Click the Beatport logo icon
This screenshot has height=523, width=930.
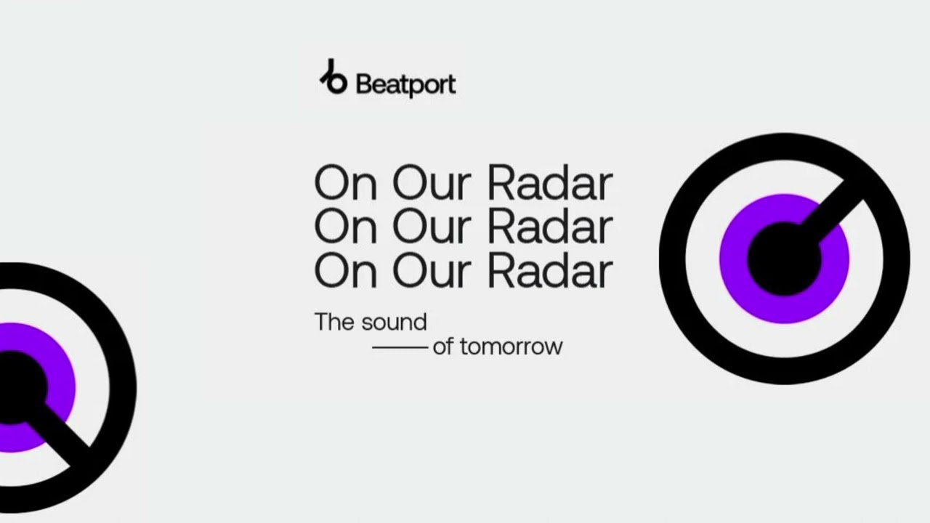point(333,77)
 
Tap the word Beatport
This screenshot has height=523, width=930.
point(406,85)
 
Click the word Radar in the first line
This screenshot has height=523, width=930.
point(550,182)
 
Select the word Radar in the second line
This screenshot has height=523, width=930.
point(550,227)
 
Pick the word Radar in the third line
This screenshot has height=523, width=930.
point(550,271)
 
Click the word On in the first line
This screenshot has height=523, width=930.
point(346,182)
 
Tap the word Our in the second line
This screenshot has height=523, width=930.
point(432,227)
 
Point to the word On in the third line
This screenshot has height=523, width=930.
point(346,271)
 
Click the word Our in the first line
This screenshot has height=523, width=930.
point(432,182)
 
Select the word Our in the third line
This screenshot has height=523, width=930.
point(432,271)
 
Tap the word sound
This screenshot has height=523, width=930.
point(394,322)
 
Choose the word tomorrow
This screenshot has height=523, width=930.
point(511,346)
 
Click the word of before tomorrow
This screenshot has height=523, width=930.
point(443,346)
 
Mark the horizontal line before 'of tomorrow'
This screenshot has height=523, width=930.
point(400,347)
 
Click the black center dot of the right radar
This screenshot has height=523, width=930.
point(784,259)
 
